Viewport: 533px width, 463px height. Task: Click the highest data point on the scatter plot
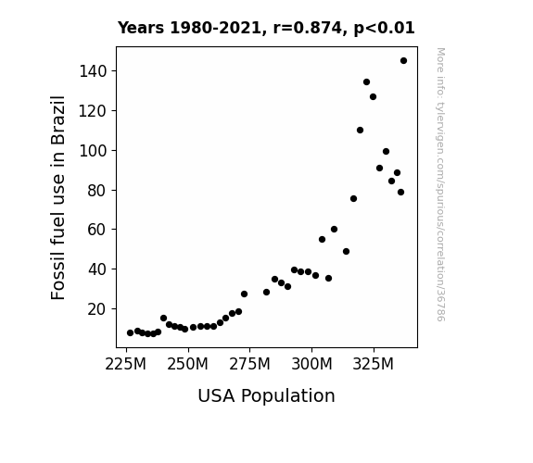(403, 61)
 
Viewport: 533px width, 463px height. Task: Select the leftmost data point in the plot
(130, 333)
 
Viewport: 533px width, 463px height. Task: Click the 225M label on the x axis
(125, 365)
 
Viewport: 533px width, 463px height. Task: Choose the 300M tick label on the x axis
(311, 365)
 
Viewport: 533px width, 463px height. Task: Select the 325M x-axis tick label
(374, 365)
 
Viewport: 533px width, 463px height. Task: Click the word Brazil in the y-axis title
(57, 120)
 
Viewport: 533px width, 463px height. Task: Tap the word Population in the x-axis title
(288, 396)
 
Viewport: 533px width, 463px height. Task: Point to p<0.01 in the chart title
(384, 29)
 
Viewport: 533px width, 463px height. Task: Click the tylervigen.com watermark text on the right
(440, 184)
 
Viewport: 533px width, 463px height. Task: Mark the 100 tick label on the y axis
(93, 151)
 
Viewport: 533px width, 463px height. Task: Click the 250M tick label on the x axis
(187, 365)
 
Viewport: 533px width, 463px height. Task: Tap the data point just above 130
(366, 81)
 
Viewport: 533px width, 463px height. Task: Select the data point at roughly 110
(360, 130)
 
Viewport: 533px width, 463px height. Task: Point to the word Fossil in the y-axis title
(57, 278)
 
